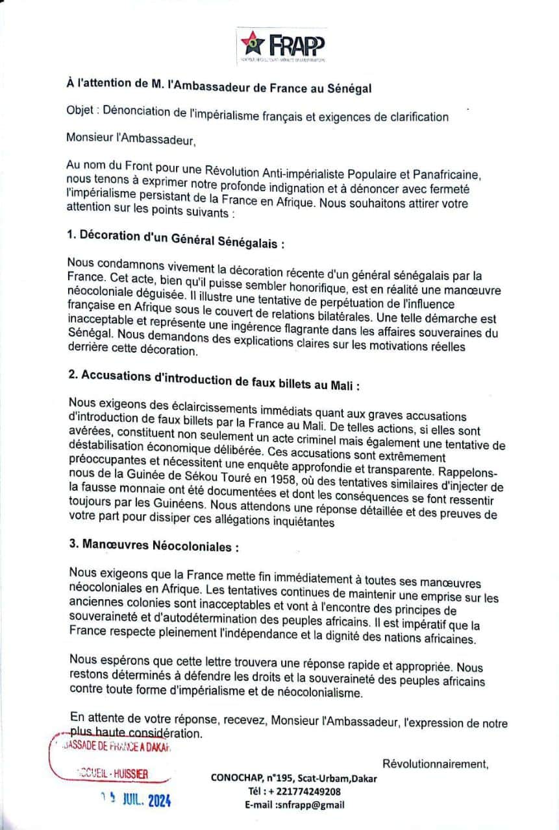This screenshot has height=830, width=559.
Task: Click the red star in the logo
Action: click(x=250, y=43)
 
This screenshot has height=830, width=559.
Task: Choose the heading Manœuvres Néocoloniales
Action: click(x=153, y=547)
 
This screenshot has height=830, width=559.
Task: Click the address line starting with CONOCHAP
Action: click(x=293, y=778)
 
